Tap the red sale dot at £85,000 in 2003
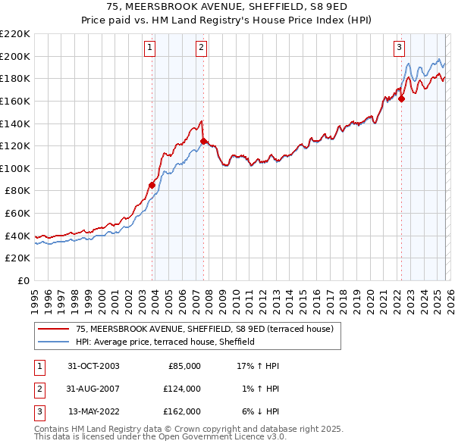click(152, 185)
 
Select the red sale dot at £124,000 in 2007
click(203, 141)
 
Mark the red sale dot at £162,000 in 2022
click(401, 98)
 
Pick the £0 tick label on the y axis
click(24, 280)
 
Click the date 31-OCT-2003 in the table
click(93, 366)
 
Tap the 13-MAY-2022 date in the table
click(93, 411)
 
